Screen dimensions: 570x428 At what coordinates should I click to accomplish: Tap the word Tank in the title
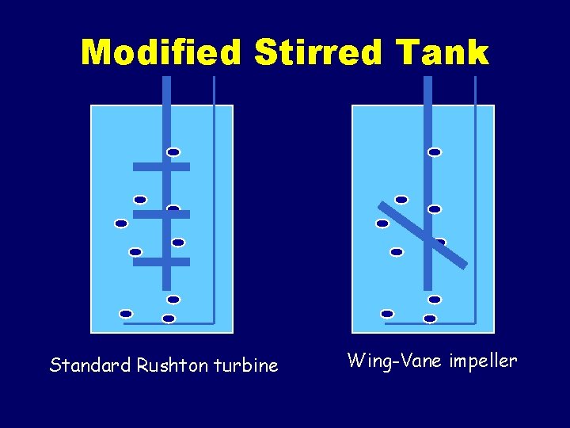click(445, 53)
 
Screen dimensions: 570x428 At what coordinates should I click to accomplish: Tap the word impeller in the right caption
click(483, 362)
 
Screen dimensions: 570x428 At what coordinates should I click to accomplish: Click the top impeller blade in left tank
click(161, 166)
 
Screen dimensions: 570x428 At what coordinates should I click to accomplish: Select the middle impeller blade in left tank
click(161, 214)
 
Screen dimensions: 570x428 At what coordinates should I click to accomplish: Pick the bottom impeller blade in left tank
click(161, 262)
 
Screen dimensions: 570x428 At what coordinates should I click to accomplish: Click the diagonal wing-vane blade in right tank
click(423, 235)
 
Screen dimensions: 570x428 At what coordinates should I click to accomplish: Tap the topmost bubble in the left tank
click(173, 152)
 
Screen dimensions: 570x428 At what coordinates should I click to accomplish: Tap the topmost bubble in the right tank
click(435, 152)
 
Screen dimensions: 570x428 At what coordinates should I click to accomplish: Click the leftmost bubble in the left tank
click(121, 224)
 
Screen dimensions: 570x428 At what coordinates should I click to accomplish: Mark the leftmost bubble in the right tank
click(382, 224)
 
